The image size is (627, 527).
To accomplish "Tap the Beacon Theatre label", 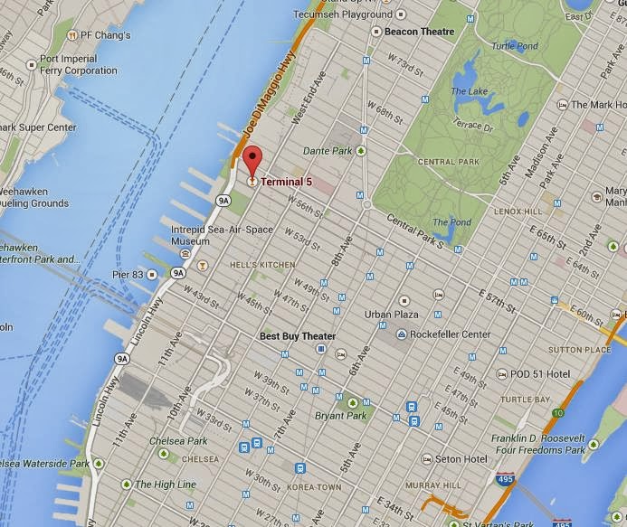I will pos(419,32).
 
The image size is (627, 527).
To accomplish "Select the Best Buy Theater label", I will pos(298,336).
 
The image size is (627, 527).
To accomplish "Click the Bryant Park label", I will pos(340,416).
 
